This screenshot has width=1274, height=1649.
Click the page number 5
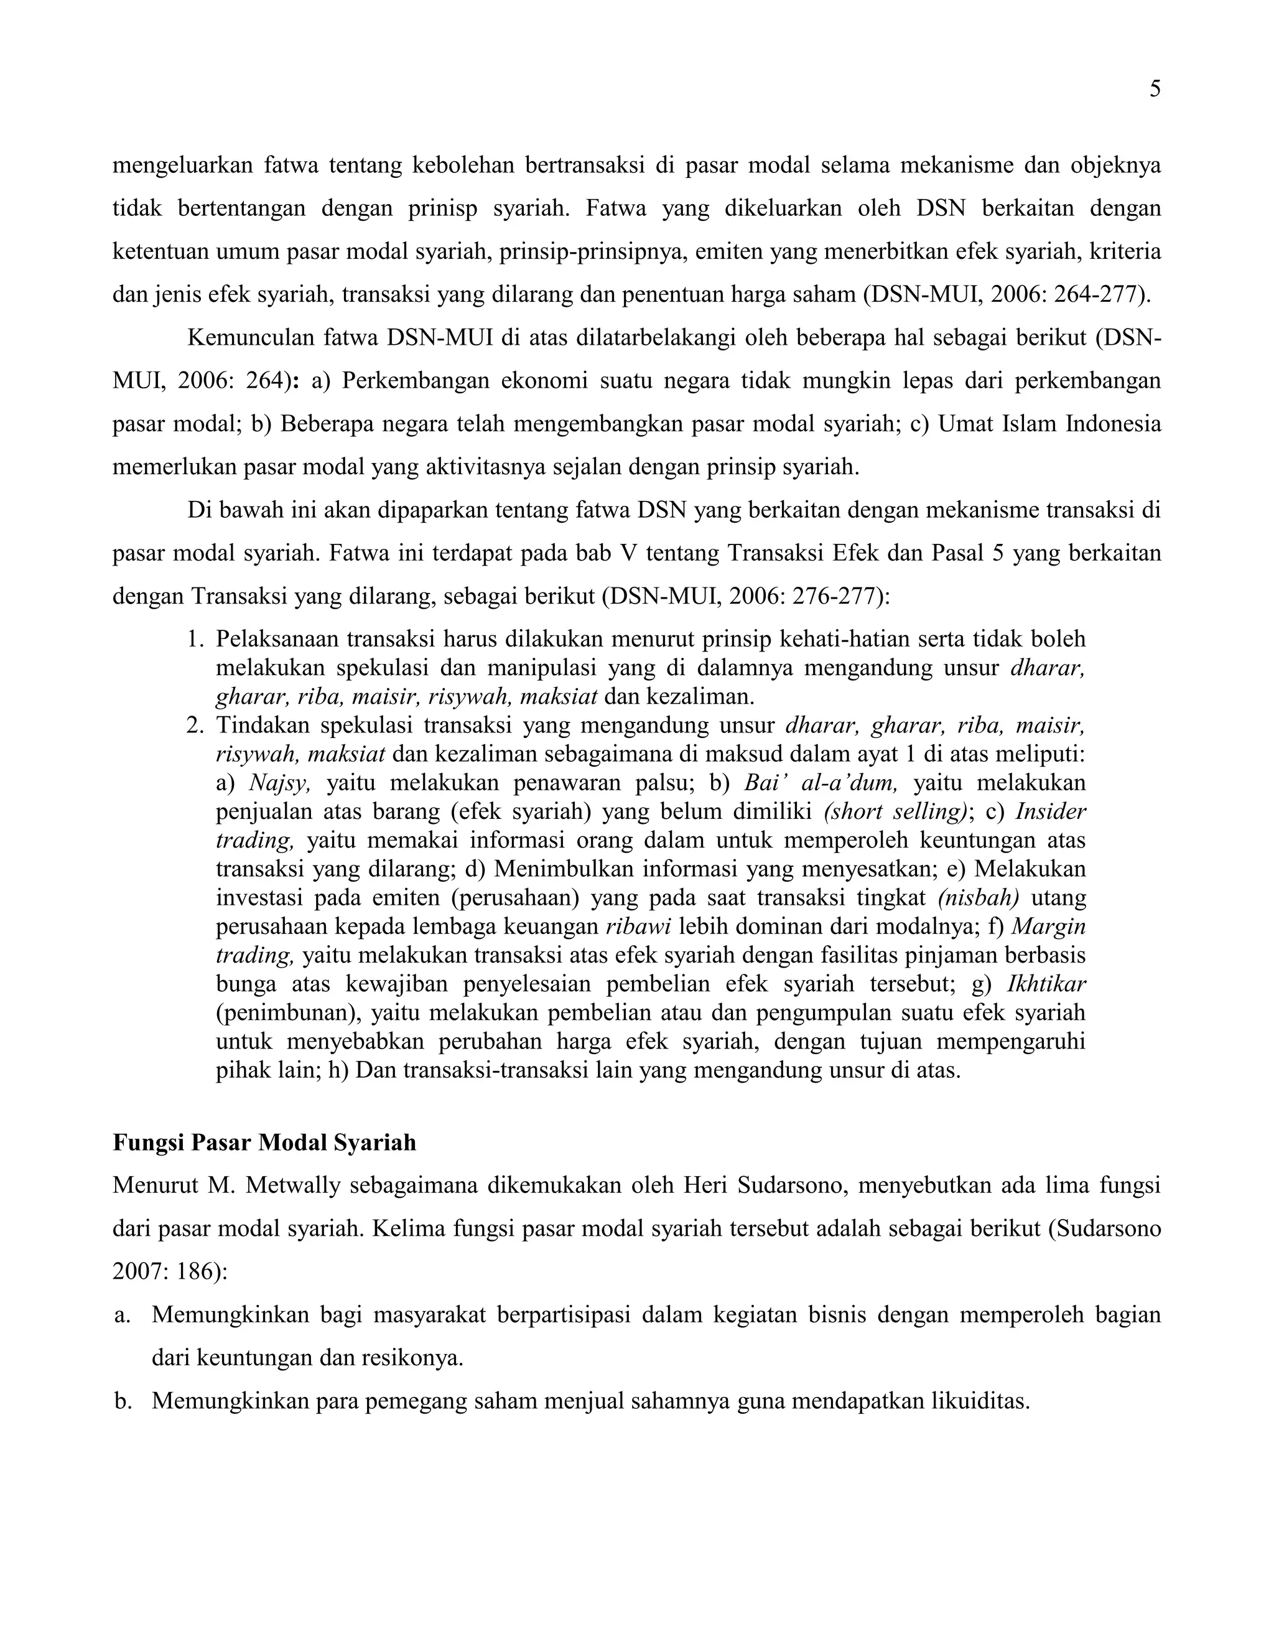[1155, 90]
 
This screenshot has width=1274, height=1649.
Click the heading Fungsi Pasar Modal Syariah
[264, 1142]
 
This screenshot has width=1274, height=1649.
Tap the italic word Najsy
[279, 782]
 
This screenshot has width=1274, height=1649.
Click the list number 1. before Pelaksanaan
[195, 640]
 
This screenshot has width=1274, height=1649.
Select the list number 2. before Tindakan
[195, 726]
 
